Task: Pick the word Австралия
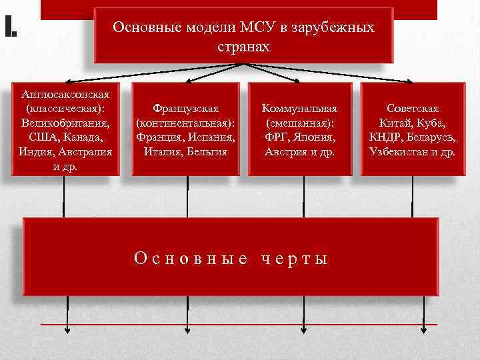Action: point(85,151)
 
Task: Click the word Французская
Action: point(185,107)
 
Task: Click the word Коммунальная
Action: point(299,107)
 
